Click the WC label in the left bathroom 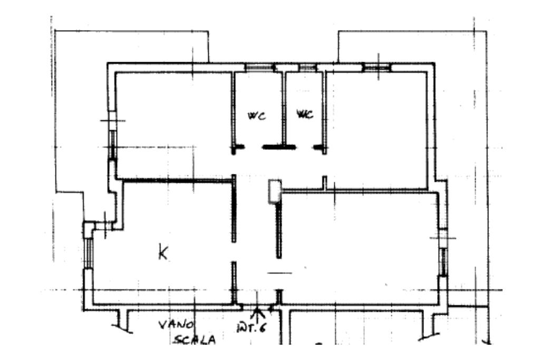pyautogui.click(x=257, y=115)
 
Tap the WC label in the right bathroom pyautogui.click(x=305, y=114)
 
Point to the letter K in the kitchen pyautogui.click(x=163, y=253)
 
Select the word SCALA pyautogui.click(x=195, y=340)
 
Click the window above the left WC pyautogui.click(x=259, y=67)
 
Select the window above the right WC pyautogui.click(x=306, y=67)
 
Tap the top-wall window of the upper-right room pyautogui.click(x=377, y=67)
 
